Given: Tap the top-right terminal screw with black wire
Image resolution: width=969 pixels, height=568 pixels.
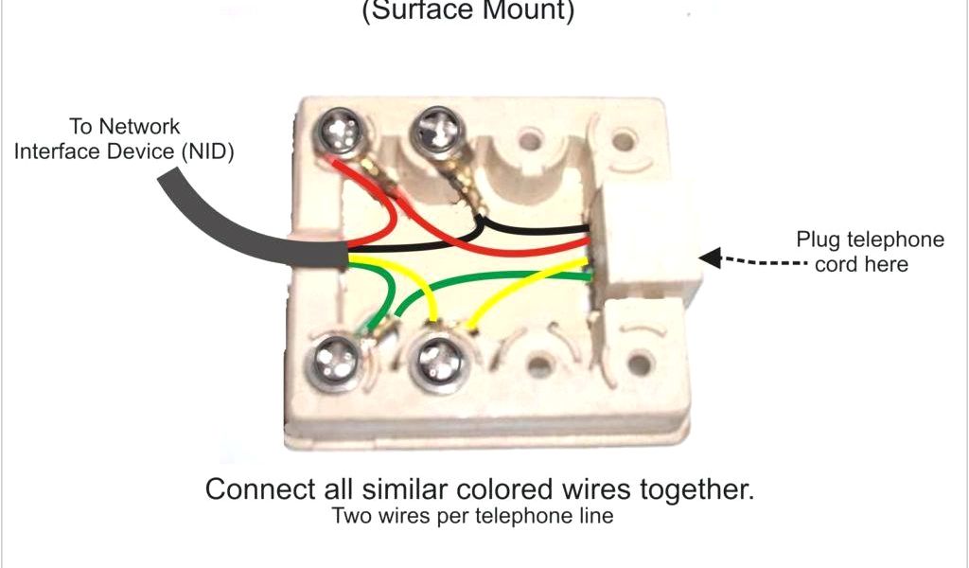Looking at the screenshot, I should tap(437, 126).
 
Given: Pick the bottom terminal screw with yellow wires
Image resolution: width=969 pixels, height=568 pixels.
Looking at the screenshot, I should tap(437, 357).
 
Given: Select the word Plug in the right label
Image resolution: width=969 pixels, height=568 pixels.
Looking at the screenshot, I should tap(817, 240).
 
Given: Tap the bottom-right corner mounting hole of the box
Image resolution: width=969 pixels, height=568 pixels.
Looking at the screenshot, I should tap(642, 361).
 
